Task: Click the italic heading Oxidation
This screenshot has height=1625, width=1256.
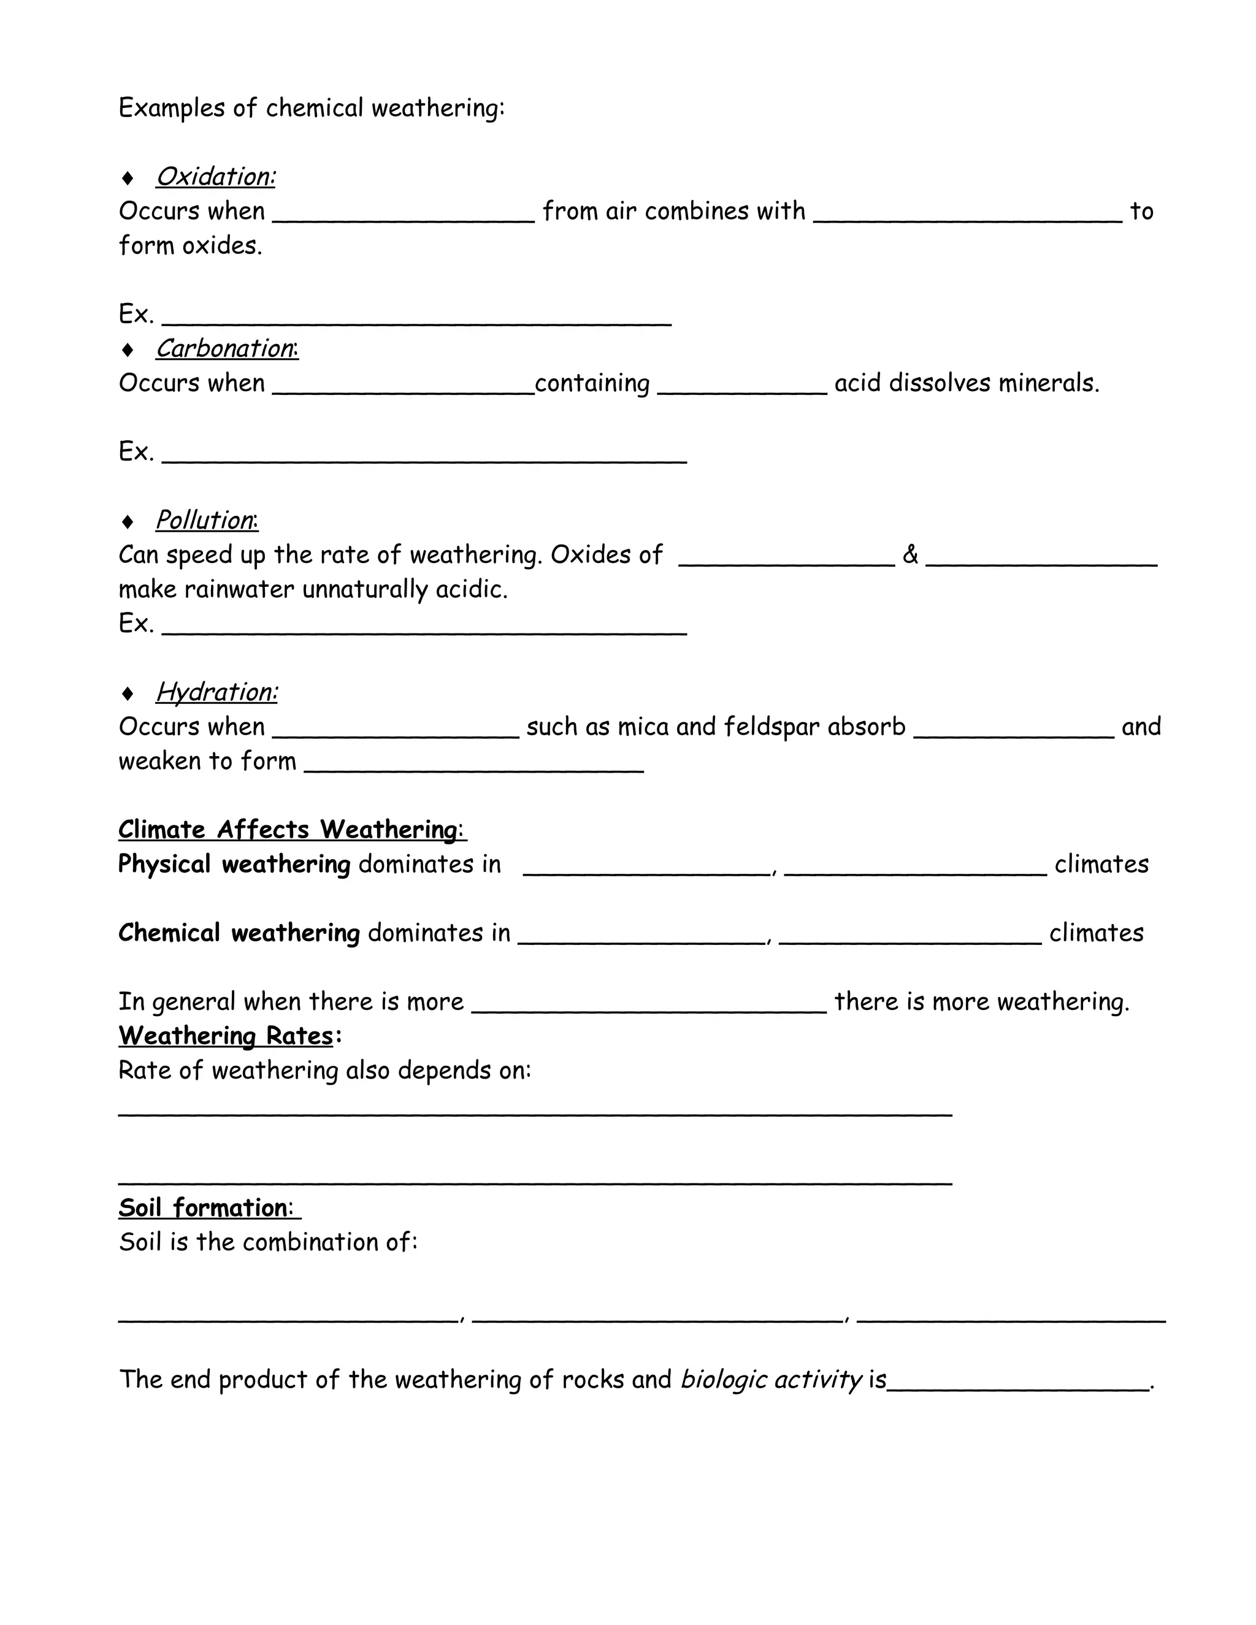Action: [x=215, y=177]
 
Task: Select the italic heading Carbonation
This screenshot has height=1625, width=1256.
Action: [x=226, y=349]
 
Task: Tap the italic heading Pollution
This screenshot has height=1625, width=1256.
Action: [x=206, y=521]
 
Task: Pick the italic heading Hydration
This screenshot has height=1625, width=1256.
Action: [x=216, y=693]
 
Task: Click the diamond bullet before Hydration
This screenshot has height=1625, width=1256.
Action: [x=128, y=694]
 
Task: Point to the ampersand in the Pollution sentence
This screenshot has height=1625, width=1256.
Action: [x=910, y=555]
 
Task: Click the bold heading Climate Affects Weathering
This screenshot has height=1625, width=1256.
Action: [x=292, y=830]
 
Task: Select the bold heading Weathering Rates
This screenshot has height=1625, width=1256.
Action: [x=226, y=1036]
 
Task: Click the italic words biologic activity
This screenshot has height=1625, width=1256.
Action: [x=771, y=1380]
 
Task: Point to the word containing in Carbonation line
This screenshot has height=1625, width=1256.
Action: [x=592, y=383]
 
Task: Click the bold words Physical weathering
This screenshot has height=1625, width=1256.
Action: [x=234, y=865]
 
